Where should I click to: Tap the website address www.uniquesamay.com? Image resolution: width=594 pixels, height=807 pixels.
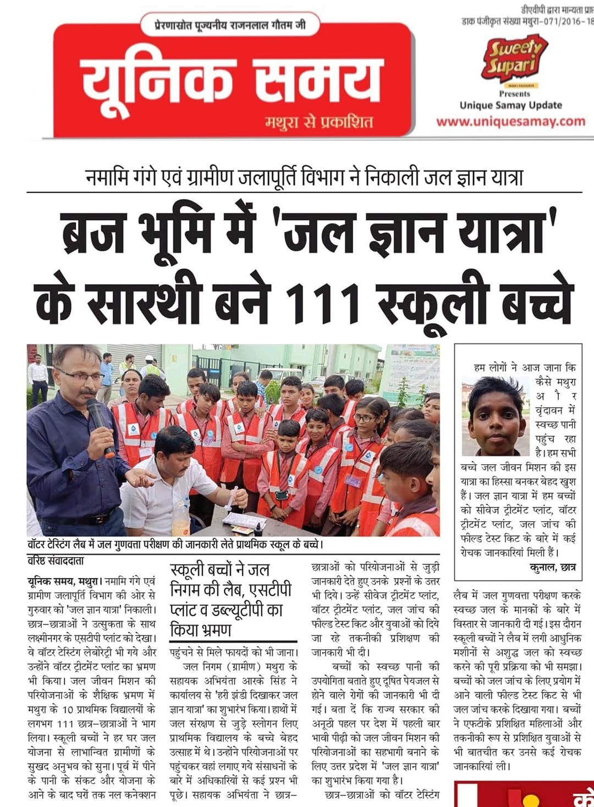510,122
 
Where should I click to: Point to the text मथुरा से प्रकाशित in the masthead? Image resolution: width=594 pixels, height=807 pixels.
319,122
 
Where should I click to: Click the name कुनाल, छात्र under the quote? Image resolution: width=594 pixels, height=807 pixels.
552,567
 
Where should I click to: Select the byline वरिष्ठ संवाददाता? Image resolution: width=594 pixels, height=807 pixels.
56,561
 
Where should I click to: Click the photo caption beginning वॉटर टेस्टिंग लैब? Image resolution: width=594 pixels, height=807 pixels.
175,545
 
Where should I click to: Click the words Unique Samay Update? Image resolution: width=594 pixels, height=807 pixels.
510,105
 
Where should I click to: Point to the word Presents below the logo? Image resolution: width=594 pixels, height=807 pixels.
514,94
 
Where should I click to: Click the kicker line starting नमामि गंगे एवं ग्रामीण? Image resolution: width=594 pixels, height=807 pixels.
304,177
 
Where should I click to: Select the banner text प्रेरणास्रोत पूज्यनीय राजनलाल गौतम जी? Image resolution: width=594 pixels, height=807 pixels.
230,25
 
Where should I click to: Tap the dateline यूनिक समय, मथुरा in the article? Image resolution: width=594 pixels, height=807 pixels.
64,581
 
